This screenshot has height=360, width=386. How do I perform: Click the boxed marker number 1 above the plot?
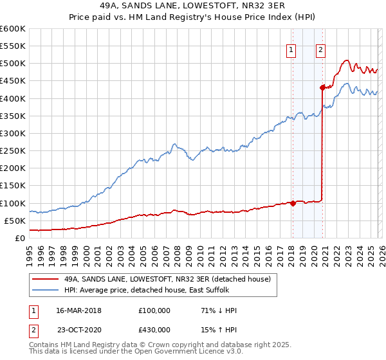292,51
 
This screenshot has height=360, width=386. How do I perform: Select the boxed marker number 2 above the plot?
320,51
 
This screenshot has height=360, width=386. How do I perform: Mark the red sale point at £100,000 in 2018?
292,203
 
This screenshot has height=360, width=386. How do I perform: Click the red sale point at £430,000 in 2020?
322,87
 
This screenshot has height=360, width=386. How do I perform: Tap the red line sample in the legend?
45,279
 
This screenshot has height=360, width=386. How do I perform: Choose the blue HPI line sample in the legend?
45,291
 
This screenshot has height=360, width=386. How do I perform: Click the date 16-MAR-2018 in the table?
79,310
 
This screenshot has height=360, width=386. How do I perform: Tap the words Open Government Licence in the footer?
187,352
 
